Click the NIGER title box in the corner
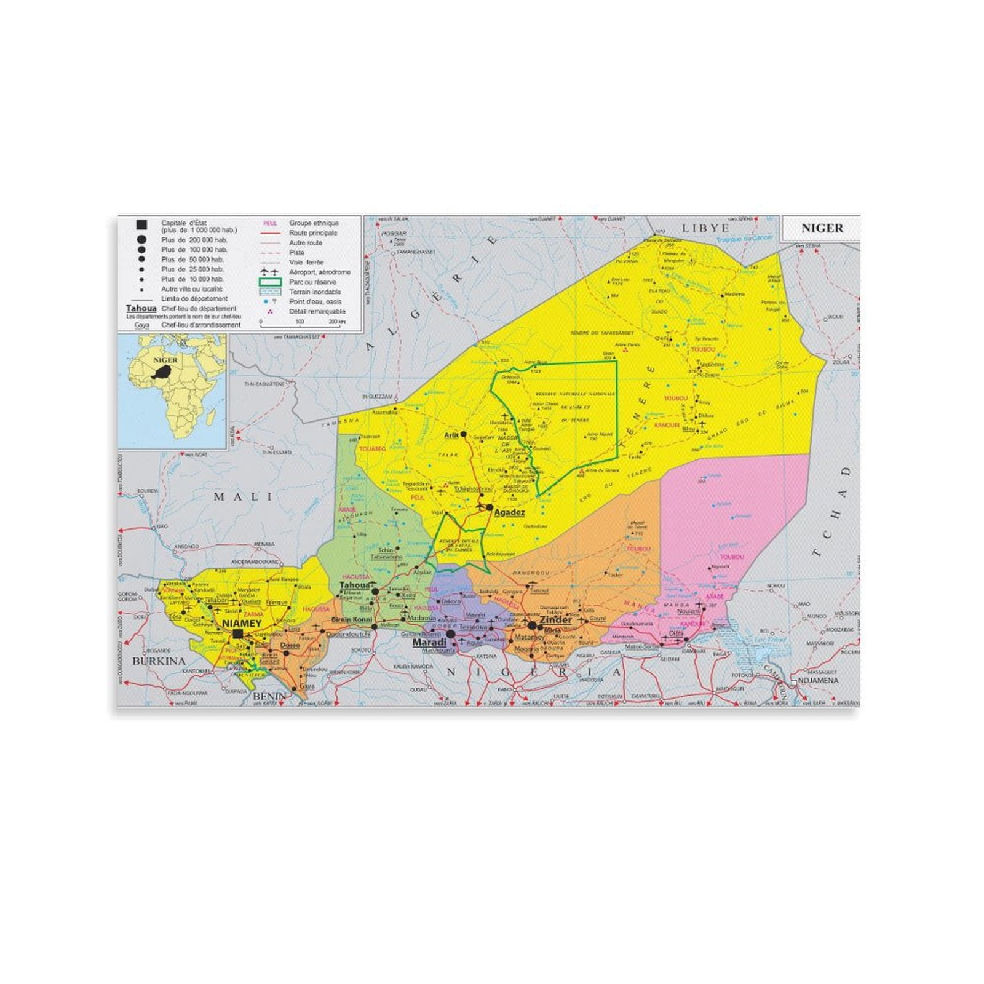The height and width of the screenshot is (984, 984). click(x=822, y=228)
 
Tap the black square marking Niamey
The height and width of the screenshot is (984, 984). click(x=238, y=633)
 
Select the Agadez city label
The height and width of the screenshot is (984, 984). click(x=510, y=512)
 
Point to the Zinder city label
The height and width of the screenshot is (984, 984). click(x=556, y=620)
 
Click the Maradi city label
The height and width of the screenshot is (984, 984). click(x=429, y=642)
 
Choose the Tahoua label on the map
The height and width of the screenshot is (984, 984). click(x=354, y=585)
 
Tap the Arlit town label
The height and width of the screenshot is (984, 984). click(x=451, y=434)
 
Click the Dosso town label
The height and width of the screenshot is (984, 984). click(x=290, y=645)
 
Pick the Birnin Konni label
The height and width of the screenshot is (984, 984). click(x=352, y=619)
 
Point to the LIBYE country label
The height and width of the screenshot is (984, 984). click(x=705, y=228)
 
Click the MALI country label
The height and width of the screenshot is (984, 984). click(x=243, y=496)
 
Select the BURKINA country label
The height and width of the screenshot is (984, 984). click(x=159, y=661)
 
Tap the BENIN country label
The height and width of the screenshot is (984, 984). click(x=269, y=696)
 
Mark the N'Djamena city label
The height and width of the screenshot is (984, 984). click(x=818, y=681)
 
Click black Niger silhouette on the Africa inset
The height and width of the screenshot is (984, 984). click(x=163, y=371)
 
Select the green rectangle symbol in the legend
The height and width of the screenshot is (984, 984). click(x=270, y=282)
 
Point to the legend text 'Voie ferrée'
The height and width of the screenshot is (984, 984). click(x=306, y=262)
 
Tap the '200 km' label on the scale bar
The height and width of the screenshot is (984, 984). click(x=336, y=322)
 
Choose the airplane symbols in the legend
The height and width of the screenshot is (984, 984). click(x=270, y=271)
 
